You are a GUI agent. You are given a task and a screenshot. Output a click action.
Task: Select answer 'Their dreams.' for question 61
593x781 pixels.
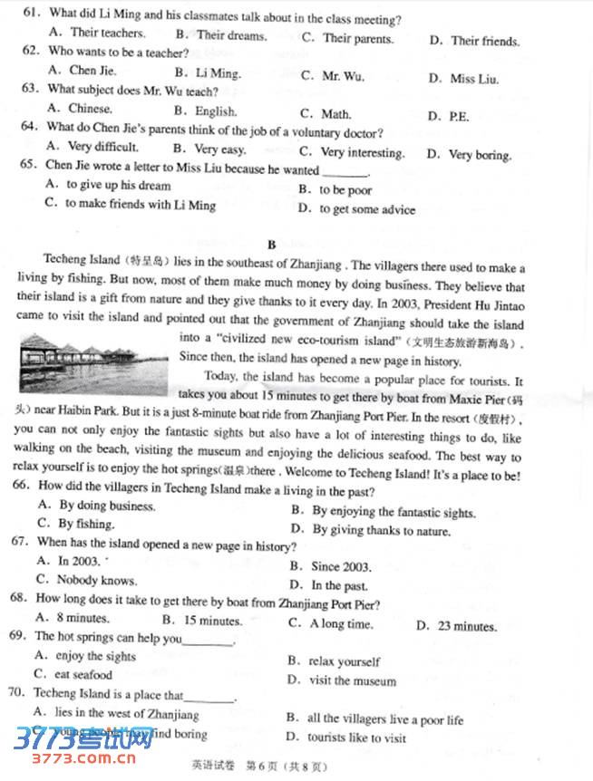click(x=231, y=36)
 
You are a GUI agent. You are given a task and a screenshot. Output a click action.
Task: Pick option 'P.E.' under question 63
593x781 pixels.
click(x=460, y=116)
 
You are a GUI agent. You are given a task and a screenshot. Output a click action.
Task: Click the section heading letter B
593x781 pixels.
click(x=270, y=244)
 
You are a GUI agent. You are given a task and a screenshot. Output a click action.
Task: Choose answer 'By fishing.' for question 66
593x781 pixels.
click(x=86, y=524)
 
